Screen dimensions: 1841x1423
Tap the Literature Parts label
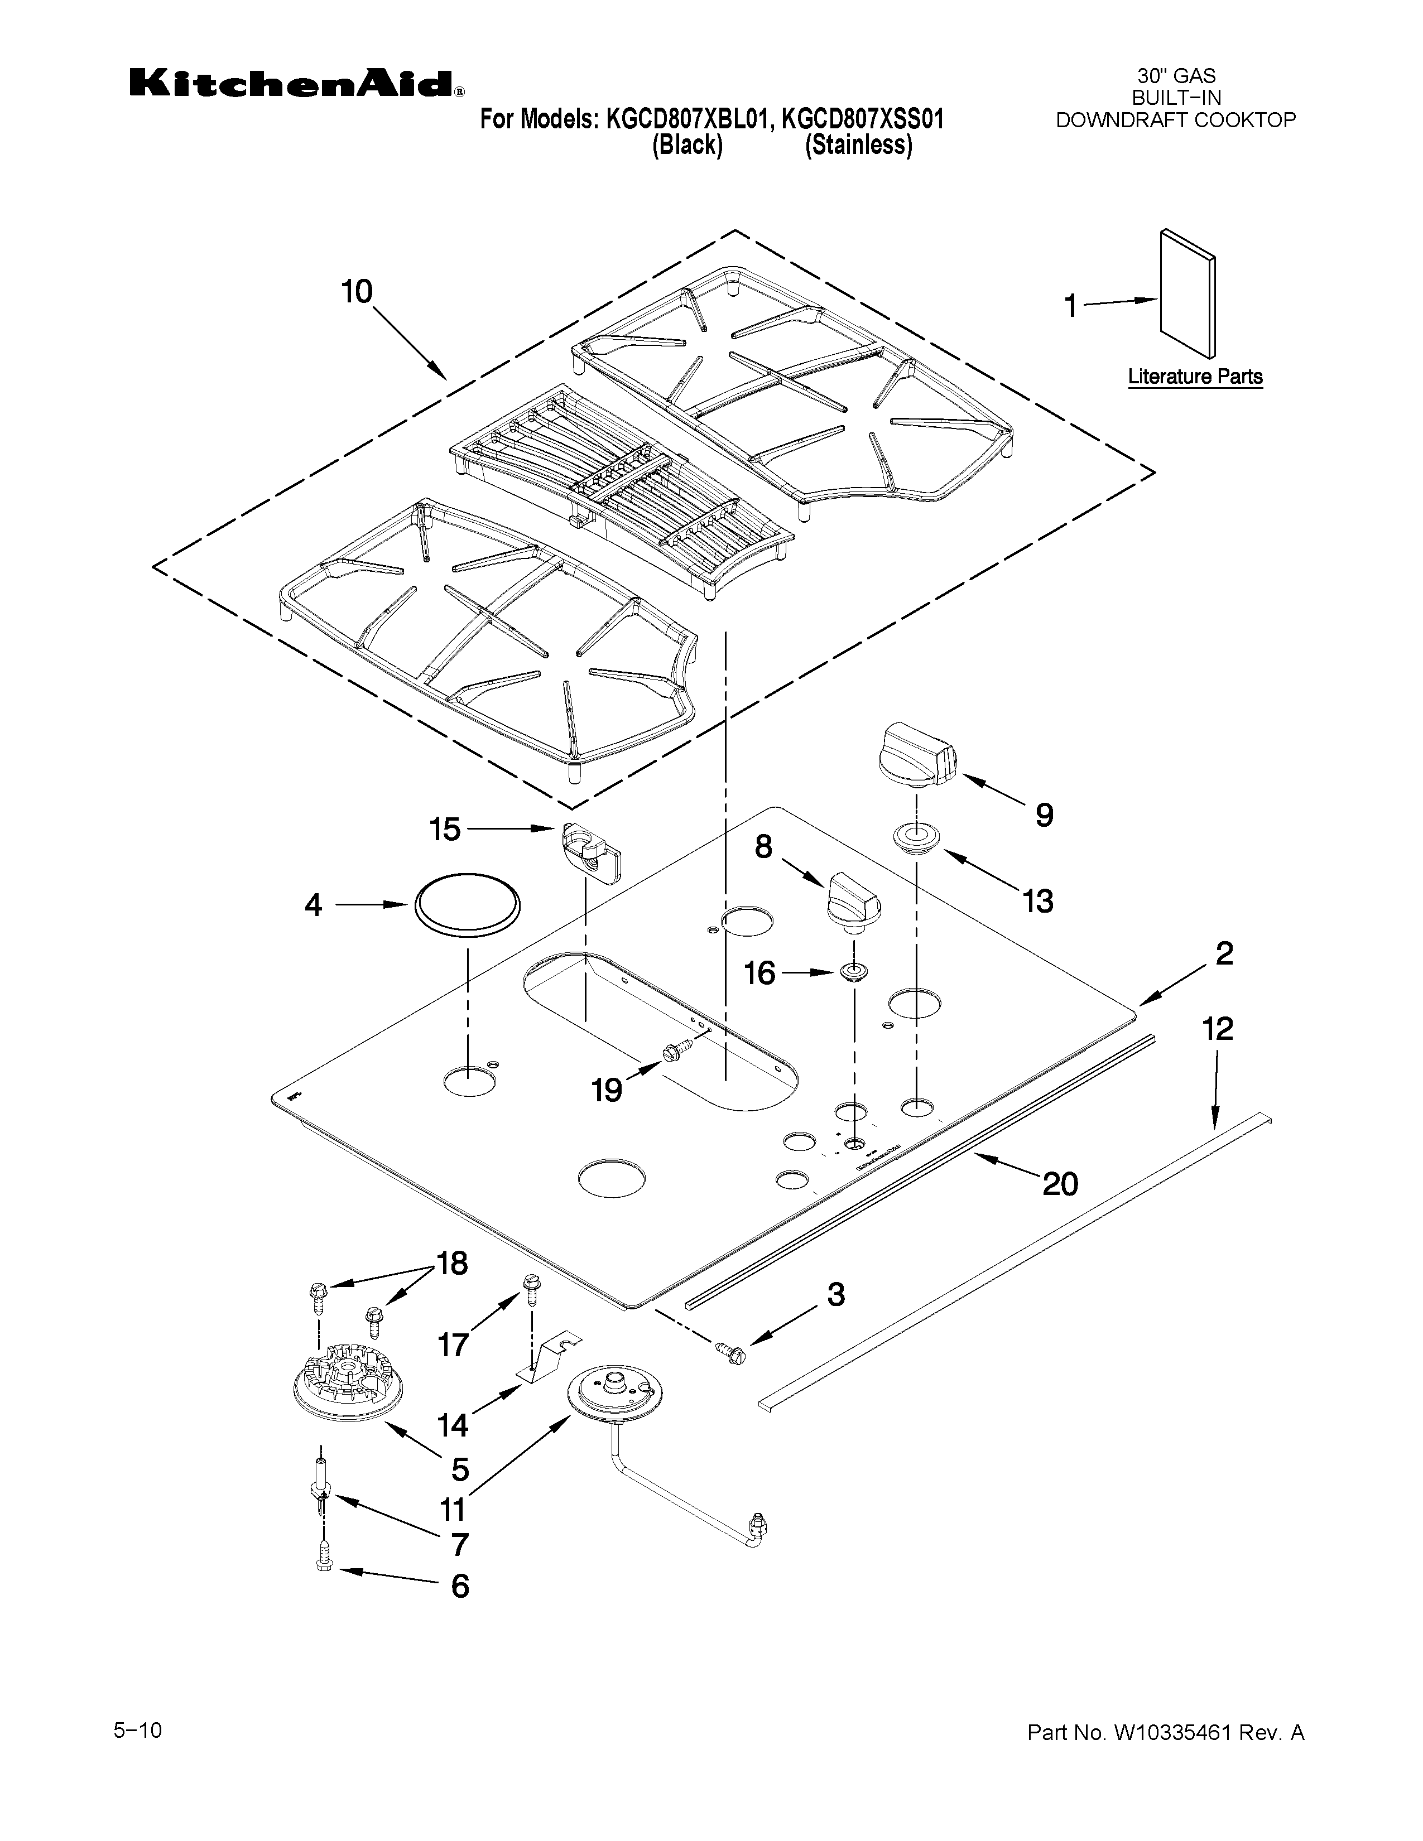point(1195,377)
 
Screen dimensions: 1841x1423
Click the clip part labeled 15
point(589,851)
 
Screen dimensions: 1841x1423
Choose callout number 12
point(1217,1028)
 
